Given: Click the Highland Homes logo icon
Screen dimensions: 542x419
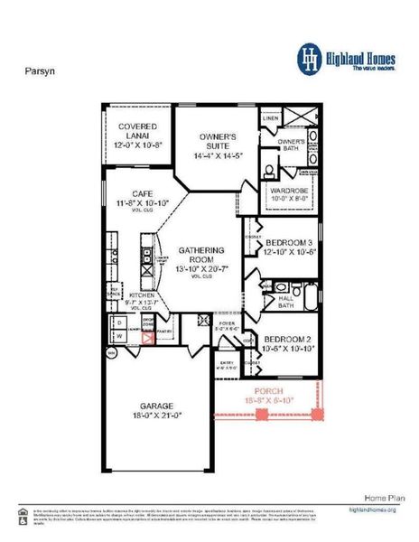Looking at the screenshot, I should click(x=310, y=57).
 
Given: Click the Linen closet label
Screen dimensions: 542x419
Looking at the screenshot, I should click(x=270, y=118).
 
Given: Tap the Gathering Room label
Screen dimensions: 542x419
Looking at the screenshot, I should click(x=194, y=250).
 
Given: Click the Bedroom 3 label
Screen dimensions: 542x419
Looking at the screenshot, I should click(x=288, y=242).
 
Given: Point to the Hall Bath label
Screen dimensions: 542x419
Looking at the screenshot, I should click(x=284, y=301).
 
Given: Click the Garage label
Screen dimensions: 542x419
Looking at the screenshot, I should click(x=156, y=407).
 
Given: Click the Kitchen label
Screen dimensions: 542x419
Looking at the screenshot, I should click(x=143, y=295).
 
